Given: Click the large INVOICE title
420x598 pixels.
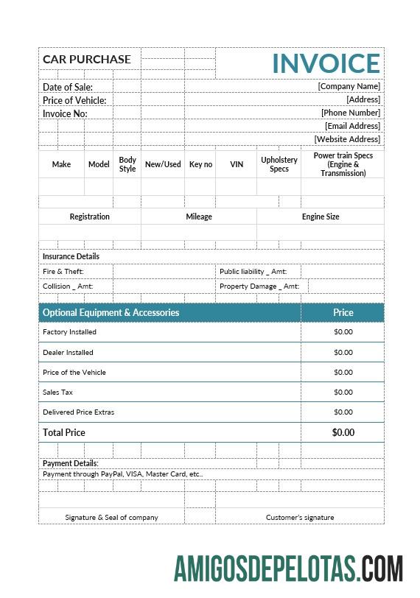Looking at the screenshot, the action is pos(326,63).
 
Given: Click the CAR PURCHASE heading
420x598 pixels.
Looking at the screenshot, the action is pos(87,59).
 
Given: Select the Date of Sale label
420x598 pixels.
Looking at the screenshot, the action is pos(68,87).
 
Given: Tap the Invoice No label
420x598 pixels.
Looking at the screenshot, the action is pos(65,113).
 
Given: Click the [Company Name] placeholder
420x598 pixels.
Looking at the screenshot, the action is pos(349,86).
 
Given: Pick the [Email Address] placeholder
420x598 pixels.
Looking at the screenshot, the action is pos(352,126).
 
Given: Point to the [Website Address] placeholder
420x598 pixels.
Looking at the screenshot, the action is pos(347,139).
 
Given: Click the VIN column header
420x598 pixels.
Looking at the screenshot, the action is pos(237,164).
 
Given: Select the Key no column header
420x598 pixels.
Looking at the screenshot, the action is pos(200,164).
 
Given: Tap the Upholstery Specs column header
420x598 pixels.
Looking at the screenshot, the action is pos(279,164).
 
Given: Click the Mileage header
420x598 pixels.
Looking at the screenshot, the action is pos(199,217).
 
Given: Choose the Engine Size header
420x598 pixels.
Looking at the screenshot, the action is pos(321,217).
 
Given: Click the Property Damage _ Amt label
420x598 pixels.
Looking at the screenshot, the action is pos(259,286).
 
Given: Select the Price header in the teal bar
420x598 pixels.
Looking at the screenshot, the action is pos(343,312).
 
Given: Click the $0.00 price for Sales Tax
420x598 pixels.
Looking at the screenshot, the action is pos(343,393).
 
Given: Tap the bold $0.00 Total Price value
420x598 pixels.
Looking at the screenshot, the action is pos(343,432).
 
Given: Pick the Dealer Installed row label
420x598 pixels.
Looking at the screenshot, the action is pos(69,353).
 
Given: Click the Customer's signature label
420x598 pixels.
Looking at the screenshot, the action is pos(300,517).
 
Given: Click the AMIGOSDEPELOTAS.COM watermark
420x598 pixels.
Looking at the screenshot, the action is pos(288,569).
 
